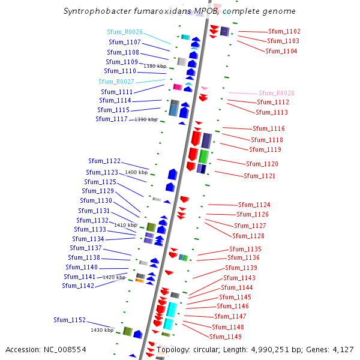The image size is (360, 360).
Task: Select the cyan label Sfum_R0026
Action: tap(125, 32)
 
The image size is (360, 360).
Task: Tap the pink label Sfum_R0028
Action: tap(277, 93)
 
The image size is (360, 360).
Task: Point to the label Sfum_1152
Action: tap(70, 320)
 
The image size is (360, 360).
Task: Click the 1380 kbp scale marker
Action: tap(154, 66)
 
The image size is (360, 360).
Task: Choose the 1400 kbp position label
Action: tap(136, 172)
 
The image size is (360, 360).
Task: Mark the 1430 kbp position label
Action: tap(102, 330)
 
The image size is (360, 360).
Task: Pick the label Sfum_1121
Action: tap(260, 176)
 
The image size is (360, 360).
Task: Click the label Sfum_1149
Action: tap(226, 337)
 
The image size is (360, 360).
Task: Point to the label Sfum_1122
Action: tap(104, 161)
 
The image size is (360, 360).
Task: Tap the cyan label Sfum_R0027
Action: tap(116, 82)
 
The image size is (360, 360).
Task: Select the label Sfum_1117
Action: tap(112, 119)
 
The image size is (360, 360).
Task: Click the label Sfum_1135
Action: tap(245, 249)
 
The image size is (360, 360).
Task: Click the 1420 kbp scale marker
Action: tap(114, 277)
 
